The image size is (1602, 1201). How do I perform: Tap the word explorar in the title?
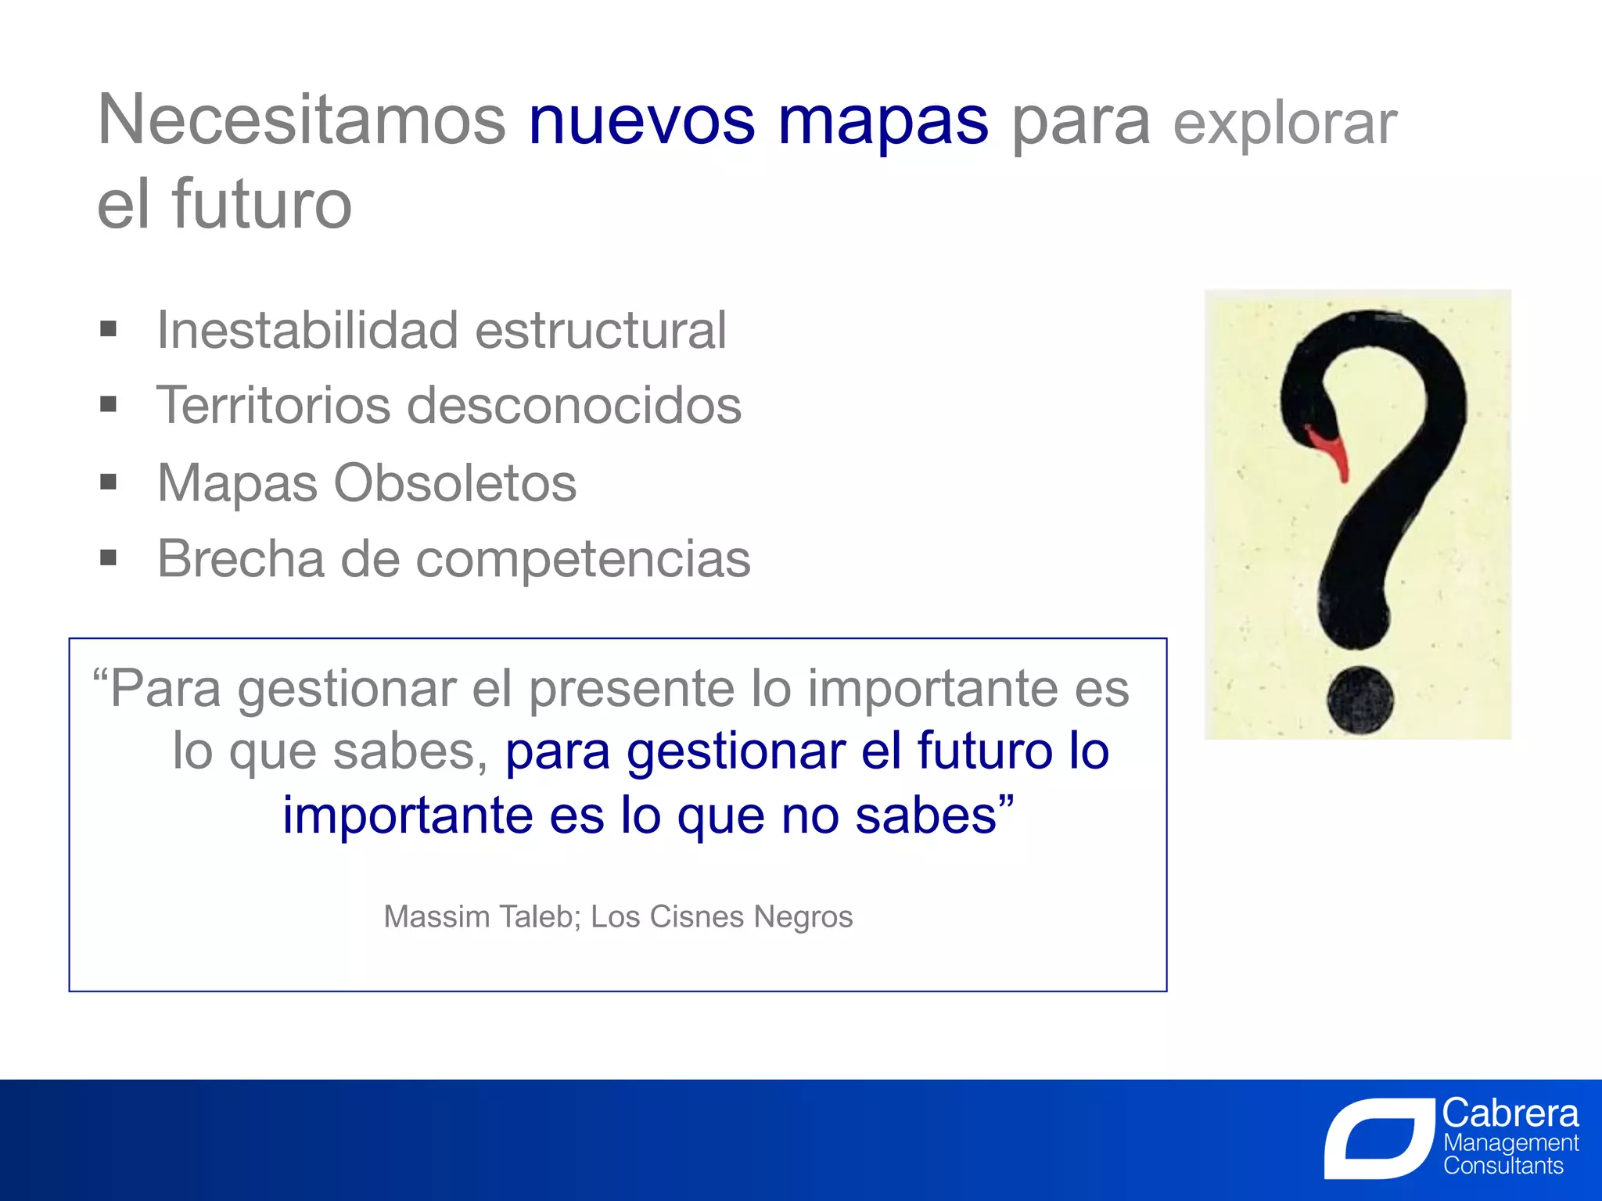1284,124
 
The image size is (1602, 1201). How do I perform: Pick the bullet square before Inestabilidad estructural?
109,328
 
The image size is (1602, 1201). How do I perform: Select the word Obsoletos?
455,482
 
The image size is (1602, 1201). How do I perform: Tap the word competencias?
583,560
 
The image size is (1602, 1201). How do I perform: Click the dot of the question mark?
1360,700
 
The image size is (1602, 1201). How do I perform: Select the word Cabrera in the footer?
1510,1113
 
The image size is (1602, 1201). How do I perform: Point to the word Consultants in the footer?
1503,1166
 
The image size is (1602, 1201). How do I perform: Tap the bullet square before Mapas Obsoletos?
109,482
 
